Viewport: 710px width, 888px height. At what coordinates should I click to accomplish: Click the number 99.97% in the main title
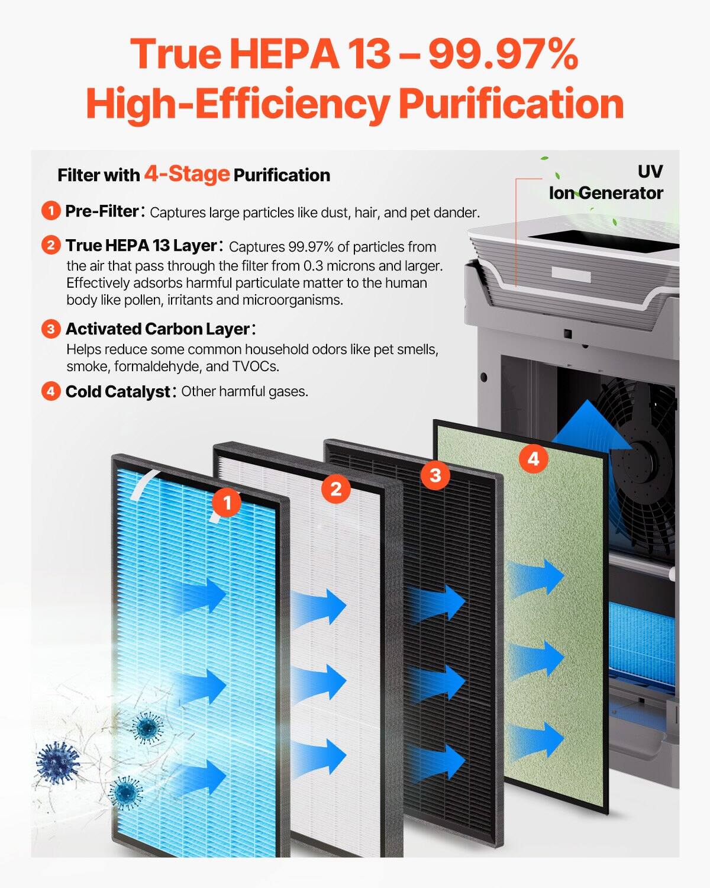pyautogui.click(x=502, y=54)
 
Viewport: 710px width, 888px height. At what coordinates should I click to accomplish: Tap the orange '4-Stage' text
pyautogui.click(x=186, y=174)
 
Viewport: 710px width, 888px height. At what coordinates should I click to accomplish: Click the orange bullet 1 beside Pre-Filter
pyautogui.click(x=51, y=211)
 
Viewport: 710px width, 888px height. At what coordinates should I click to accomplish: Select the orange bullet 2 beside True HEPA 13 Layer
pyautogui.click(x=51, y=245)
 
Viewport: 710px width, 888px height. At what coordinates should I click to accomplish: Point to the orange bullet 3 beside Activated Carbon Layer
pyautogui.click(x=51, y=329)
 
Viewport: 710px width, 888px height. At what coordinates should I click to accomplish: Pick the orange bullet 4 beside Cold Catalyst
pyautogui.click(x=51, y=391)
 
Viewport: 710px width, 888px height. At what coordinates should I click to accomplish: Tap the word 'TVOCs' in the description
pyautogui.click(x=256, y=366)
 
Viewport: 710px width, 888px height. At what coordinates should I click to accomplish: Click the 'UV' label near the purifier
pyautogui.click(x=650, y=172)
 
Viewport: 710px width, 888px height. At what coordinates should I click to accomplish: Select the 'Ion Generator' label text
pyautogui.click(x=606, y=193)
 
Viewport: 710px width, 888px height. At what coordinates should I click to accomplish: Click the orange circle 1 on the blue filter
pyautogui.click(x=227, y=503)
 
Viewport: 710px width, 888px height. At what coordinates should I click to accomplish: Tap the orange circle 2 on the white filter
pyautogui.click(x=336, y=489)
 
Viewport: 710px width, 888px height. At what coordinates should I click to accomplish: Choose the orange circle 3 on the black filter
pyautogui.click(x=435, y=475)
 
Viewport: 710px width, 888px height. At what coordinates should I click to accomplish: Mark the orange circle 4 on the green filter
pyautogui.click(x=534, y=459)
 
